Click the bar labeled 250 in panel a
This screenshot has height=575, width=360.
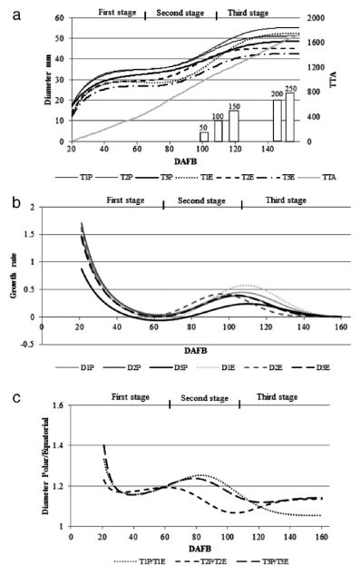[x=290, y=118]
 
